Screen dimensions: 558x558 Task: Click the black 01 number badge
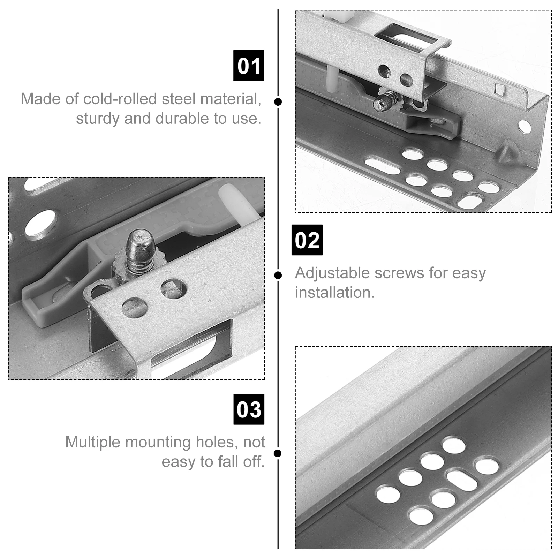[x=249, y=66]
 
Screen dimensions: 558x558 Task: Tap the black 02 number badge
[x=307, y=240]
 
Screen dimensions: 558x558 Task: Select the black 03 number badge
[x=249, y=409]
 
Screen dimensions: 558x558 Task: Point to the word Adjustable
[x=332, y=273]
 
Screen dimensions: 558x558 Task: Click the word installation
[x=335, y=293]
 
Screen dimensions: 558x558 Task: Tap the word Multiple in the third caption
[x=92, y=442]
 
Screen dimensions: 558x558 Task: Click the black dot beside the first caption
[x=278, y=102]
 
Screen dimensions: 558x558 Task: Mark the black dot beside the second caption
[x=278, y=275]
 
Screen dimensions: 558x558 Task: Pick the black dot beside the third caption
[x=278, y=453]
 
